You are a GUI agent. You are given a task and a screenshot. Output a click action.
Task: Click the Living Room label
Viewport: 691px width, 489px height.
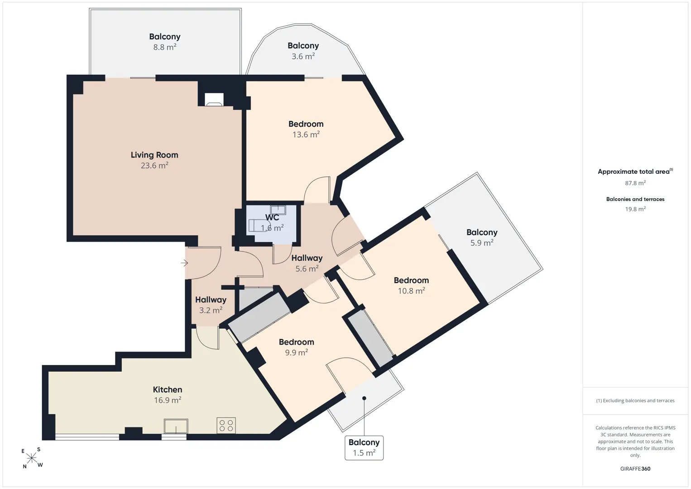154,155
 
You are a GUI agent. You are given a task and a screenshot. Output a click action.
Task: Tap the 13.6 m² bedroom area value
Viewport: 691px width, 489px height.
306,134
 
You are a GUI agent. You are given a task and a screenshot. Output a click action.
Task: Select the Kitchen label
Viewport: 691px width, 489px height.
168,389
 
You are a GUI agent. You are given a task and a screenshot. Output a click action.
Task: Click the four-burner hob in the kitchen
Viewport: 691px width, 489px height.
226,426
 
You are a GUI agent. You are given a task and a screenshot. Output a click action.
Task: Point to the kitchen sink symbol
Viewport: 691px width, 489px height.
176,426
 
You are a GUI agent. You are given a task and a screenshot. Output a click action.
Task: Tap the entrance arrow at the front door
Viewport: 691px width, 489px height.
184,263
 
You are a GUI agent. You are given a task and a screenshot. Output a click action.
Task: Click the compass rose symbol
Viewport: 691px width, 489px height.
32,458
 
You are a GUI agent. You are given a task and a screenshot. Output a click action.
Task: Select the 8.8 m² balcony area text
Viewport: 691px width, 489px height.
165,47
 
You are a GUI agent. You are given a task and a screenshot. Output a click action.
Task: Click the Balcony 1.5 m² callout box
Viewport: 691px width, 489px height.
364,448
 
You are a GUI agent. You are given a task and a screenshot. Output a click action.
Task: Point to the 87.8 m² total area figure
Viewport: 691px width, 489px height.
635,183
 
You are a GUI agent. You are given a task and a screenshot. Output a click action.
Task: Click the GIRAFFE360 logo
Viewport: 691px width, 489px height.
635,469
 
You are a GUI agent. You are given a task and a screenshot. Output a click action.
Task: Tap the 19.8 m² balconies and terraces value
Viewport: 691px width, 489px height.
635,209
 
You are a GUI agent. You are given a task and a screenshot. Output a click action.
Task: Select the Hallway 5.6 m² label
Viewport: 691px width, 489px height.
307,263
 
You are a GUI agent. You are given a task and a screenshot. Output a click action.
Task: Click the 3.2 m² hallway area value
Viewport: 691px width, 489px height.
211,310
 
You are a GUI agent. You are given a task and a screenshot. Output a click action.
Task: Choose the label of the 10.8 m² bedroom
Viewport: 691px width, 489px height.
411,280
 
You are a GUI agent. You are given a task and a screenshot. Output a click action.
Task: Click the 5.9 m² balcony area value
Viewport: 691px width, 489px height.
482,243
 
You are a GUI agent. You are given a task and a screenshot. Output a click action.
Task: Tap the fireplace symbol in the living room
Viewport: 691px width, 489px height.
214,100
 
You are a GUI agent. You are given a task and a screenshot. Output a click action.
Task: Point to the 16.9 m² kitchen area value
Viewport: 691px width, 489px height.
168,400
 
